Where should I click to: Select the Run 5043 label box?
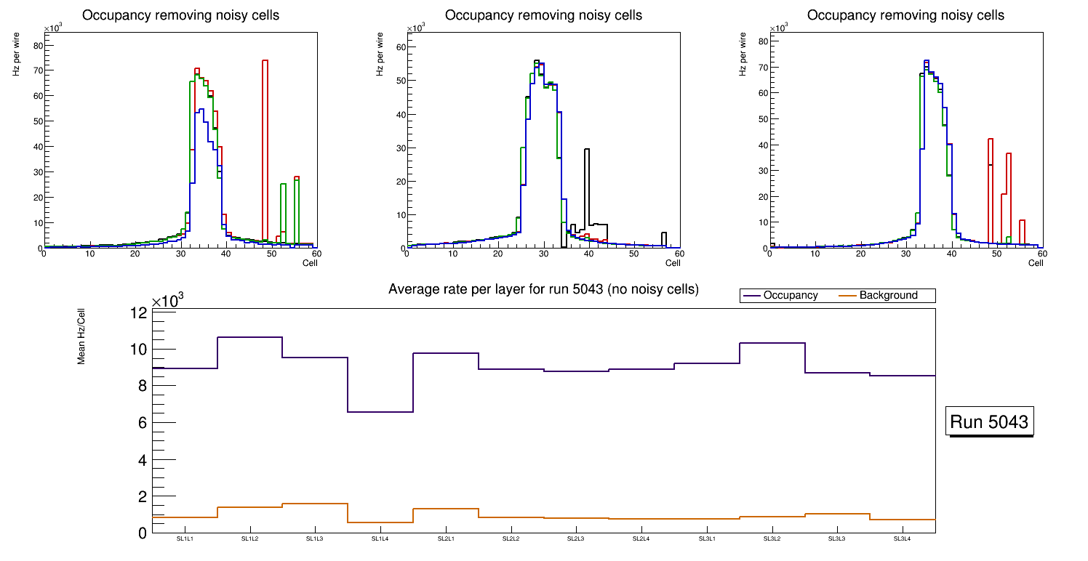coord(989,422)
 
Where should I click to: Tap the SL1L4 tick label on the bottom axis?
coord(380,539)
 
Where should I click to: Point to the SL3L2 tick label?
coord(772,539)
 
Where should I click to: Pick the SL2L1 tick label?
coord(446,539)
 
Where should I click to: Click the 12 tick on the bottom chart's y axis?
coord(139,312)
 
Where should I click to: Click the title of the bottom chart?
coord(543,289)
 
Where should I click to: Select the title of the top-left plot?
coord(180,15)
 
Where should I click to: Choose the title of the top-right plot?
coord(905,15)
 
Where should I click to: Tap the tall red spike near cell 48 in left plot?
coord(265,145)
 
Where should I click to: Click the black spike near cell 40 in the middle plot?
coord(587,189)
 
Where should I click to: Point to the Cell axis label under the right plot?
coord(1036,263)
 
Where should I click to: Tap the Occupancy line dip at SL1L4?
coord(380,412)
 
